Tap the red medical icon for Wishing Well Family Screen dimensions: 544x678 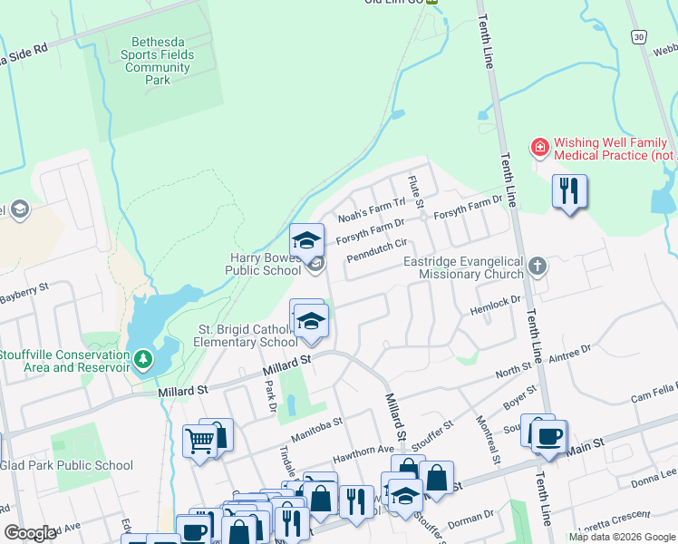[x=539, y=146]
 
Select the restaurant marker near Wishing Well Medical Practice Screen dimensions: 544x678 [x=569, y=191]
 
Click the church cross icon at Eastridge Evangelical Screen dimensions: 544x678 [x=538, y=266]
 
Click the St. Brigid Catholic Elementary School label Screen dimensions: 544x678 [x=247, y=335]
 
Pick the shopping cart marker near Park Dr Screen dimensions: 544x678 [x=199, y=442]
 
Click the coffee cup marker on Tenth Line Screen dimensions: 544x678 [x=548, y=436]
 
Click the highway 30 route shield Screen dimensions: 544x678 [x=640, y=35]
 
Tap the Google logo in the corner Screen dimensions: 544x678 [x=30, y=533]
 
